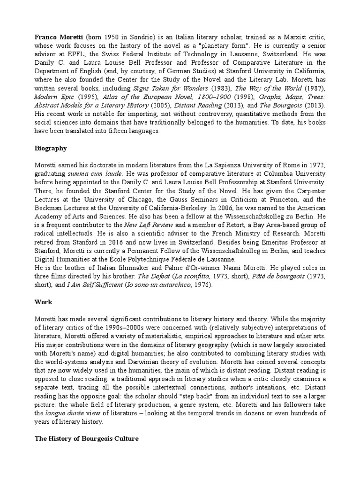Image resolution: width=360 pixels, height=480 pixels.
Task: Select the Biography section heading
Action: [x=51, y=148]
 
